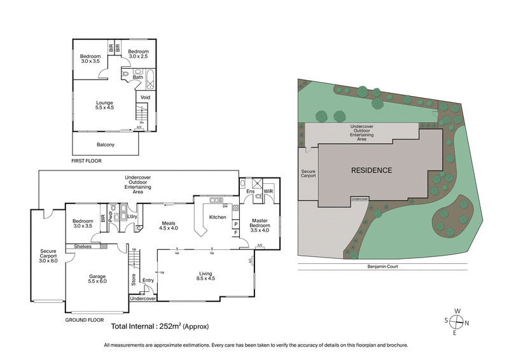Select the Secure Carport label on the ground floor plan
click(48, 256)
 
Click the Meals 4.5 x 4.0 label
click(169, 224)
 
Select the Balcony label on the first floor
click(106, 144)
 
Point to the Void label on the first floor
click(145, 97)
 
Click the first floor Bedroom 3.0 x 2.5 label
click(138, 55)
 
